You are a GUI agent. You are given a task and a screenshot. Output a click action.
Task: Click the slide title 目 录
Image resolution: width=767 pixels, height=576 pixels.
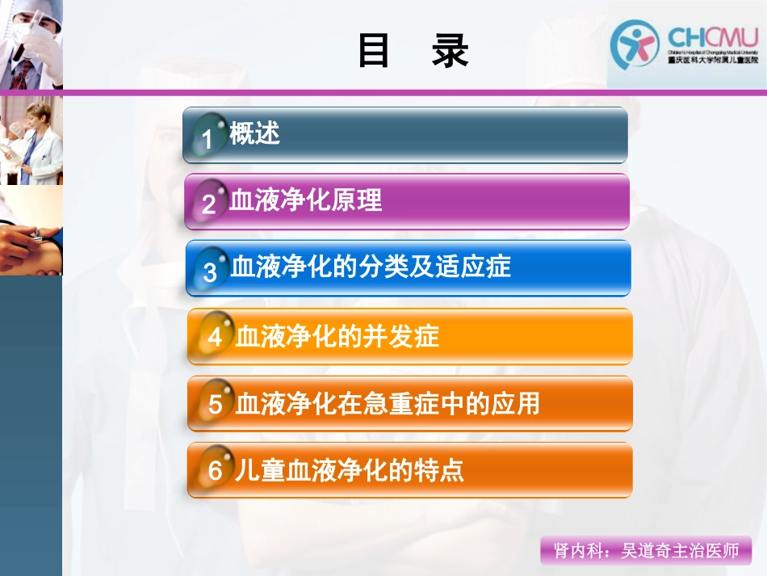413,52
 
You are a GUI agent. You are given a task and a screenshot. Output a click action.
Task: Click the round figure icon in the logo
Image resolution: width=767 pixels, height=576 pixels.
635,44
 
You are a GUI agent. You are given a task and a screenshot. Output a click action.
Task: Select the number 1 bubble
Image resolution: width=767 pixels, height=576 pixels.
207,139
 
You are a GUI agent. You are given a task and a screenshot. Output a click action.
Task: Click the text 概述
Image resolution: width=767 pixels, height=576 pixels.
255,133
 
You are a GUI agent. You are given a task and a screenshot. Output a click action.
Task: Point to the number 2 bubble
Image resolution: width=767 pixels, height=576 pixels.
208,204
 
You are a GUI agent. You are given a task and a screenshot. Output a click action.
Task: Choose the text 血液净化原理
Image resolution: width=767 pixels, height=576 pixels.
306,200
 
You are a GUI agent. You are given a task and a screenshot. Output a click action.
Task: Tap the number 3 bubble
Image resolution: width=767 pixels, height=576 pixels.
210,271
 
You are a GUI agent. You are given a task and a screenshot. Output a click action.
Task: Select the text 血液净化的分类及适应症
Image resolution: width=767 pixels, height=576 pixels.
371,267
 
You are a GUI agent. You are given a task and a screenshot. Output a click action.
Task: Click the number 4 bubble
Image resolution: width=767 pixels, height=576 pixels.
214,337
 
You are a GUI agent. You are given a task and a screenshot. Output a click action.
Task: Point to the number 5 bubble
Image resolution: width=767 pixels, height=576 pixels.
214,404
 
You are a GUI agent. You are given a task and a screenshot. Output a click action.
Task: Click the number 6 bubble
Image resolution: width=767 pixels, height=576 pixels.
214,471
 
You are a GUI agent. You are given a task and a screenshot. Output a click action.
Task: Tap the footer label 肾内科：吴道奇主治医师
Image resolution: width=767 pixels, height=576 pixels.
646,551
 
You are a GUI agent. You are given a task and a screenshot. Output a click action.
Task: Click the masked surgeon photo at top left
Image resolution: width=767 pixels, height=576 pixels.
31,44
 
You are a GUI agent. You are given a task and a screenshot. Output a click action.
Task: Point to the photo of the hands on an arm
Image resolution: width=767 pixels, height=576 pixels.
31,231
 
